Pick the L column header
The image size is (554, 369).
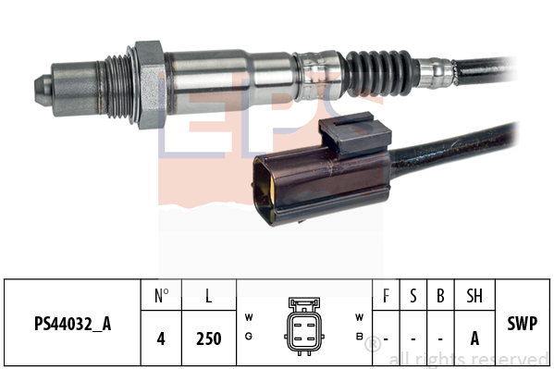click(x=209, y=296)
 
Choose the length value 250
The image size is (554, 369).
click(x=209, y=338)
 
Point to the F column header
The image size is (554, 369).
click(x=386, y=296)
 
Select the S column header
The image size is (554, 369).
click(x=412, y=296)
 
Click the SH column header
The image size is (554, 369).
click(x=474, y=296)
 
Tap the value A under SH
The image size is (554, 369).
click(x=474, y=338)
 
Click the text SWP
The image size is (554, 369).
click(x=524, y=325)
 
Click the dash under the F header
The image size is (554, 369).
click(x=386, y=338)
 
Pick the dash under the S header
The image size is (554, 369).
click(x=412, y=338)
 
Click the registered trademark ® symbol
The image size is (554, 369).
click(x=372, y=346)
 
